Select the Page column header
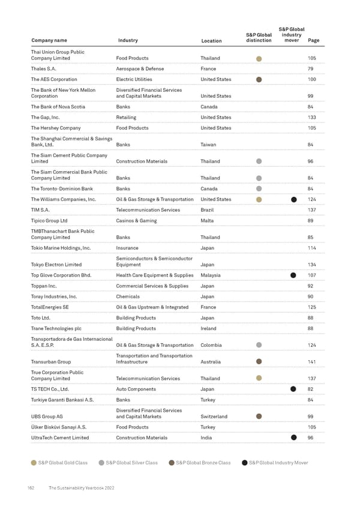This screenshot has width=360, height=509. (313, 40)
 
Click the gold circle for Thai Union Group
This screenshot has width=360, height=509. (259, 59)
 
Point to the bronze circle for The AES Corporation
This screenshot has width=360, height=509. (259, 80)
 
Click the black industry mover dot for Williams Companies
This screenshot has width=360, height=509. (294, 200)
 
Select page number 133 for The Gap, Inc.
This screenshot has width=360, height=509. (311, 118)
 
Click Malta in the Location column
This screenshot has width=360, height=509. (207, 221)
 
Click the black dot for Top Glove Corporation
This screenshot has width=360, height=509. (294, 276)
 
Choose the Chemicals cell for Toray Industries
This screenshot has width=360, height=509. (128, 297)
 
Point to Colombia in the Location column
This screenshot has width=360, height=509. (211, 345)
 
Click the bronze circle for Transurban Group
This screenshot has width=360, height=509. (259, 362)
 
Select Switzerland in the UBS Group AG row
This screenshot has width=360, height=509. (214, 416)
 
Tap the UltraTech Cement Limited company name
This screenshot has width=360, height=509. (60, 438)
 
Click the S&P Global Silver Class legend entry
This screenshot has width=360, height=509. (128, 463)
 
